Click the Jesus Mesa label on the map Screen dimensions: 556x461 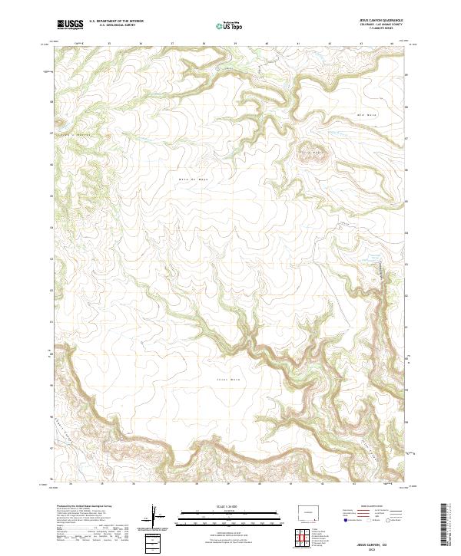pos(224,379)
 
